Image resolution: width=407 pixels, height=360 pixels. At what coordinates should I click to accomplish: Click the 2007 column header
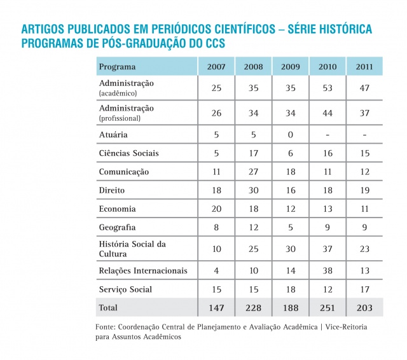coord(216,67)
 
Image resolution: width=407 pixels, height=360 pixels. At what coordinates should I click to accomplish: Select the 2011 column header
coord(364,67)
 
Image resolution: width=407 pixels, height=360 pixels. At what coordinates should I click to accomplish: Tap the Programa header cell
coord(117,67)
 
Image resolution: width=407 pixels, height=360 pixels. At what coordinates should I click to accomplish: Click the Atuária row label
coord(113,135)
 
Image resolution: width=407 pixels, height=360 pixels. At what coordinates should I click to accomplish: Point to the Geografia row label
coord(118,227)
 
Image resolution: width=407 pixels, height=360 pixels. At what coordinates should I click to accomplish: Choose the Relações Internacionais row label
coord(143,271)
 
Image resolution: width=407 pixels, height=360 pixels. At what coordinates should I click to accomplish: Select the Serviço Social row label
coord(125,289)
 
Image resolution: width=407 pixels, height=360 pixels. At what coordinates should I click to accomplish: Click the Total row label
coord(108,308)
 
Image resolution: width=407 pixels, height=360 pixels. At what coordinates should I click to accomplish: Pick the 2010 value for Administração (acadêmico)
coord(328,88)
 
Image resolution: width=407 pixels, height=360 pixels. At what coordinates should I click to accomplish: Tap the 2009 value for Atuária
coord(291,135)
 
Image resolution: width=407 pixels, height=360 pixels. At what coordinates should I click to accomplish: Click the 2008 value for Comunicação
coord(254,172)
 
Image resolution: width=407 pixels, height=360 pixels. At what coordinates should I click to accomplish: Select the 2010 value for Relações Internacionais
coord(328,271)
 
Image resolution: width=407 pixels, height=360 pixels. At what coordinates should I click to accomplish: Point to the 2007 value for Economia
coord(216,209)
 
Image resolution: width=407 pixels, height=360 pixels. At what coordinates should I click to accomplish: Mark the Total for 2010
coord(328,308)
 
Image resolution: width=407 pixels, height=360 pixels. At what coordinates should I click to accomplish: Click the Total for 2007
coord(216,308)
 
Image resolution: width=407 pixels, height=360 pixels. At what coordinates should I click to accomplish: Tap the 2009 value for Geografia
coord(291,227)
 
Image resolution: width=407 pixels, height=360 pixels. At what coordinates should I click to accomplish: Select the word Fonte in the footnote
coord(105,327)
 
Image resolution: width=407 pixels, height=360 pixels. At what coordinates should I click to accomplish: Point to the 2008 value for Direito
coord(254,190)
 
